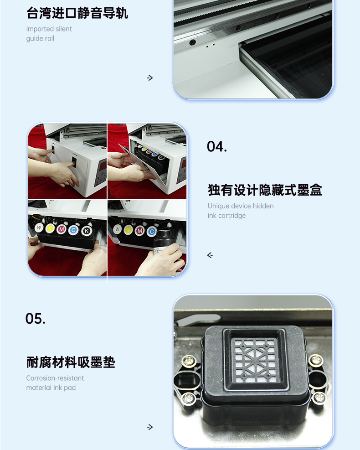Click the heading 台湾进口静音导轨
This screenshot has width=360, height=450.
(x=77, y=13)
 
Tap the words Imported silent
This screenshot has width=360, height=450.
(x=49, y=29)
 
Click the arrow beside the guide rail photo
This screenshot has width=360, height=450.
(x=150, y=78)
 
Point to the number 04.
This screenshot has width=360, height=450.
(x=217, y=146)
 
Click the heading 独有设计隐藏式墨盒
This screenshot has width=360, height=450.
(x=265, y=190)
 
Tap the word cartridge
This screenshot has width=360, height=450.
(x=232, y=216)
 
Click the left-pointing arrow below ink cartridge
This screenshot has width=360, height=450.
(x=210, y=255)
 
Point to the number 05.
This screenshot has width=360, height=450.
(x=35, y=319)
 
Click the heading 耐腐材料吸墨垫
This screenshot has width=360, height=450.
(x=71, y=362)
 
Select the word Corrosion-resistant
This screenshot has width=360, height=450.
(x=55, y=378)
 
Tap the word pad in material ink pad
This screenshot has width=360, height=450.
(x=70, y=388)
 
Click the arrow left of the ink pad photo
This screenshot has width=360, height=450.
(x=150, y=427)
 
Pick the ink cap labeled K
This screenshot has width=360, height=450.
(x=86, y=230)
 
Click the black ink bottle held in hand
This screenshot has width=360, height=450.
(x=162, y=242)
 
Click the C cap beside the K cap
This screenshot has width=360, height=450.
(x=74, y=230)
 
